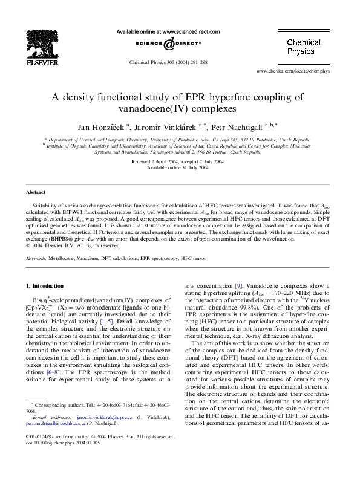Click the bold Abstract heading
[35, 192]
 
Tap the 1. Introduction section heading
[47, 285]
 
